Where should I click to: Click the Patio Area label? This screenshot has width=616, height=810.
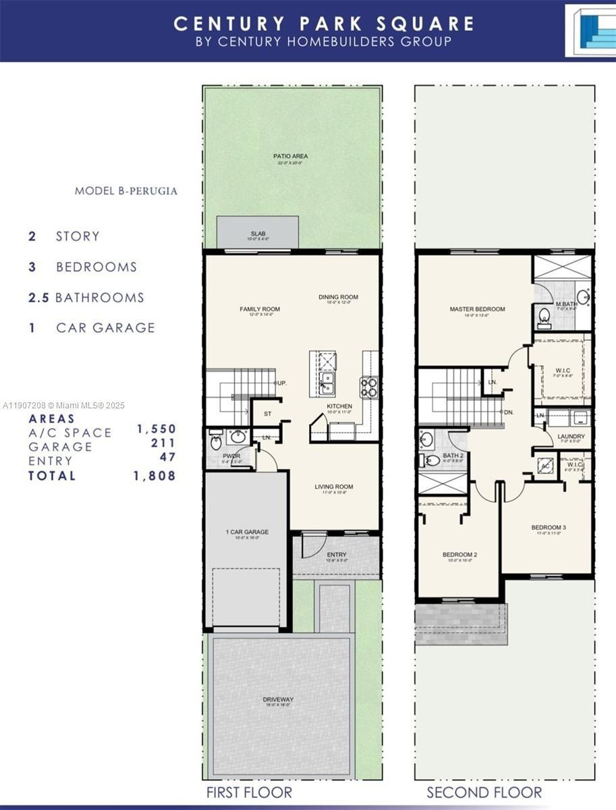(x=291, y=157)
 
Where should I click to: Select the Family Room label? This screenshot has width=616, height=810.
(x=259, y=310)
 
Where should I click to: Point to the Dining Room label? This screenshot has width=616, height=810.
(x=338, y=297)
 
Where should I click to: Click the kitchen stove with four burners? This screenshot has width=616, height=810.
(x=370, y=387)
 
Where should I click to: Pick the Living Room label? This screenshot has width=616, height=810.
(x=333, y=487)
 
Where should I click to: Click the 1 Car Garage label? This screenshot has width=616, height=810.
(x=246, y=533)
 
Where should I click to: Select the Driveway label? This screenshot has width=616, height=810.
(x=278, y=700)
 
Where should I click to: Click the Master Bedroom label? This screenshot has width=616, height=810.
(x=477, y=310)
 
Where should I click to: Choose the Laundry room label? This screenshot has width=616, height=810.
(x=571, y=436)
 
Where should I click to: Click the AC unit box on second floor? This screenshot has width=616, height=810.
(x=544, y=466)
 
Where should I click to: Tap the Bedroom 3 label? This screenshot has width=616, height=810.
(x=549, y=527)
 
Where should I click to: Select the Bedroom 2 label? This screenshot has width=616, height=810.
(x=459, y=555)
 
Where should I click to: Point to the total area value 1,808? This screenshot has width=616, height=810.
(x=156, y=476)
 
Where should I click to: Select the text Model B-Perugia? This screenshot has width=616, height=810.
(x=126, y=191)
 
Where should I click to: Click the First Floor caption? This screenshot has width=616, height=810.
(x=249, y=792)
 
